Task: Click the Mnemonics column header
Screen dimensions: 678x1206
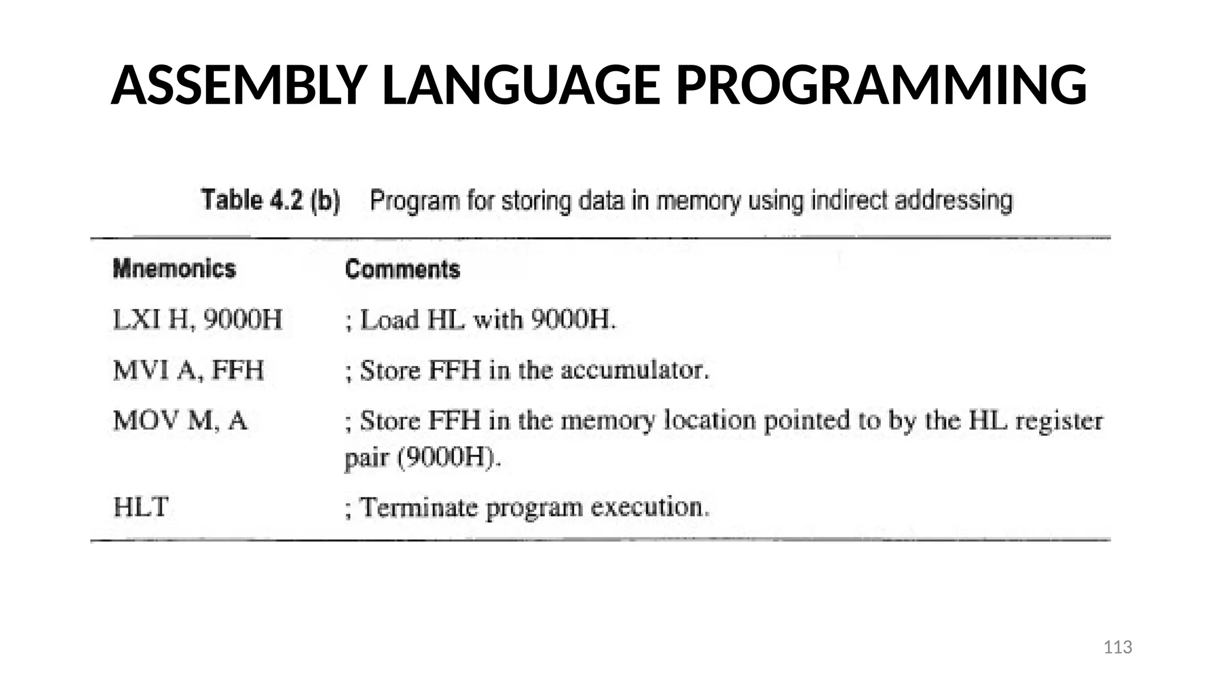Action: [174, 269]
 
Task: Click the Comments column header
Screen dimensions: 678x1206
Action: [402, 270]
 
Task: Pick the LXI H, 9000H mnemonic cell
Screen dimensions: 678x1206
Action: [197, 320]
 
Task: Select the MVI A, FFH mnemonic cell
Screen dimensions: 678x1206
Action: [188, 370]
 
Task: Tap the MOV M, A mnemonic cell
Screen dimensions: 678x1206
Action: [180, 421]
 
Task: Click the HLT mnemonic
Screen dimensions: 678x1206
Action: [141, 507]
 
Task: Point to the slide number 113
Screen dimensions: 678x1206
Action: [1117, 647]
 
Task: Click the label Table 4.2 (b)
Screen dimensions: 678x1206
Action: [271, 201]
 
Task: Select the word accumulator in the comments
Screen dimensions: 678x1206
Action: [634, 370]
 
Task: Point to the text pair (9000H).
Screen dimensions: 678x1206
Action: [423, 457]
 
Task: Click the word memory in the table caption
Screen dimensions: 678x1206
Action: [698, 201]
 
